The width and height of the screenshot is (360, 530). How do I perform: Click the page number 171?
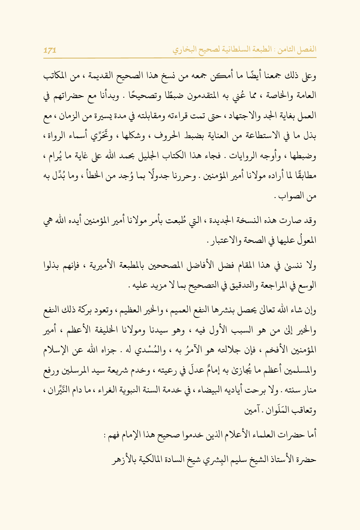click(x=50, y=50)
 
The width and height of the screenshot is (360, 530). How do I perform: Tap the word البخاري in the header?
click(x=184, y=50)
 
